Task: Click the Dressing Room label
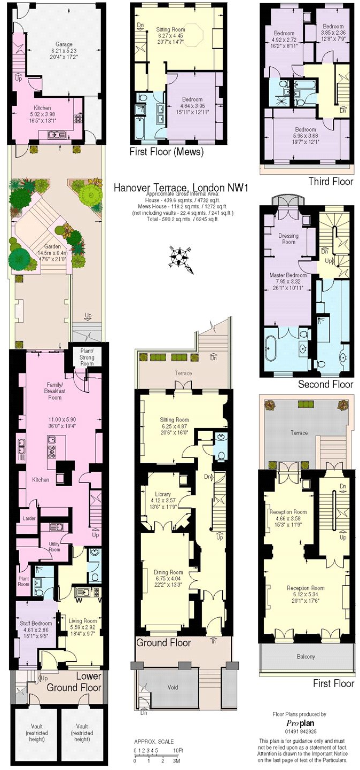[288, 238]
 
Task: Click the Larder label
[28, 518]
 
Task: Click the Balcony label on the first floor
[306, 657]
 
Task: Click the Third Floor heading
[331, 182]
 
